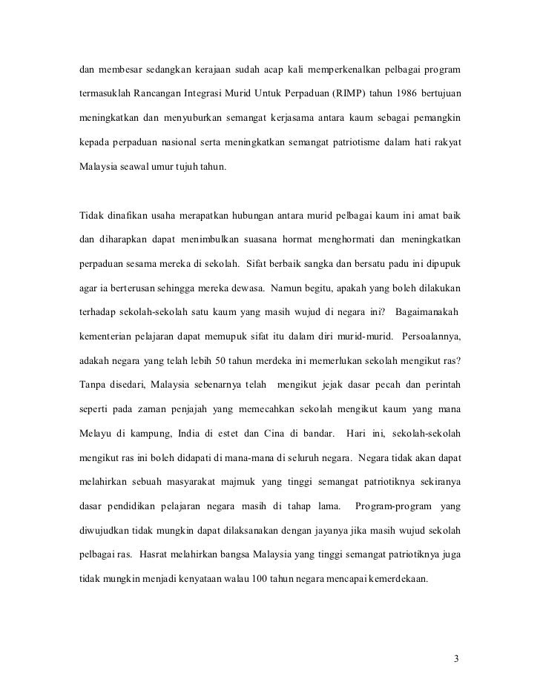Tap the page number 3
457,657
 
